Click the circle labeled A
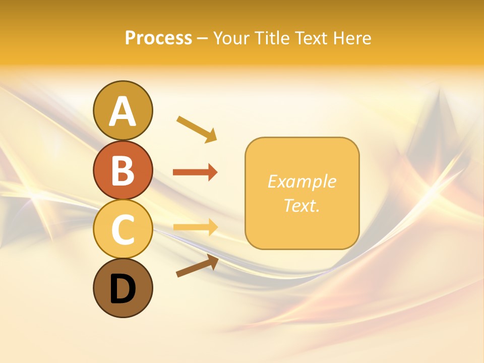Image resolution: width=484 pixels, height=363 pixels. pos(123,110)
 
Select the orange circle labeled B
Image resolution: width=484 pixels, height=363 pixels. pos(123,170)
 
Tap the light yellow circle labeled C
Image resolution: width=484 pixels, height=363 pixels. pos(123,229)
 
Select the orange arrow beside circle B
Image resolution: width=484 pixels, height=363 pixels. pos(195,172)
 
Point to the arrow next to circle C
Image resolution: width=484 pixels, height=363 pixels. pos(195,227)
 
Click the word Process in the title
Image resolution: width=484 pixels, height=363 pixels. pos(158,38)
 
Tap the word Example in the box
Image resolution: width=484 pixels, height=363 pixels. pos(301,181)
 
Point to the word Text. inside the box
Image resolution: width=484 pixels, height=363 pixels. pos(301,205)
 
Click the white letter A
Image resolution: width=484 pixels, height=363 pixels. pos(123,111)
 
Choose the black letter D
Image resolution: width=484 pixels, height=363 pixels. pos(123,289)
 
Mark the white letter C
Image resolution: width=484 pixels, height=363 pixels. pos(123,229)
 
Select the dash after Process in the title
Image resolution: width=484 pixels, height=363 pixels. pos(202,39)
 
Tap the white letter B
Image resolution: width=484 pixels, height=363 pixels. pos(123,170)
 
